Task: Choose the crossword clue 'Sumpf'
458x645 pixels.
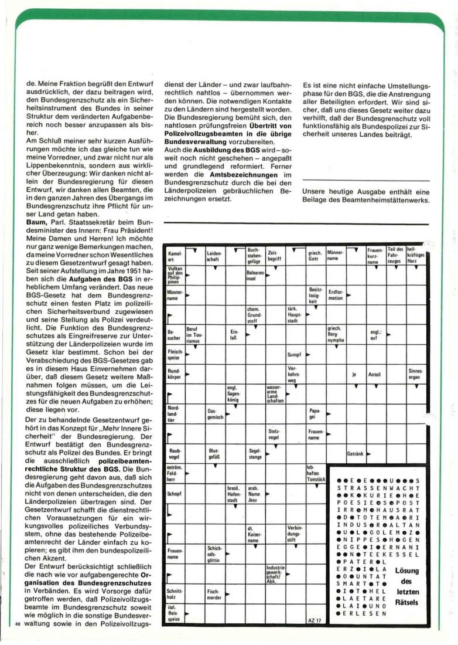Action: [294, 355]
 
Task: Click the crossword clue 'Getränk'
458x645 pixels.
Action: [356, 453]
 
